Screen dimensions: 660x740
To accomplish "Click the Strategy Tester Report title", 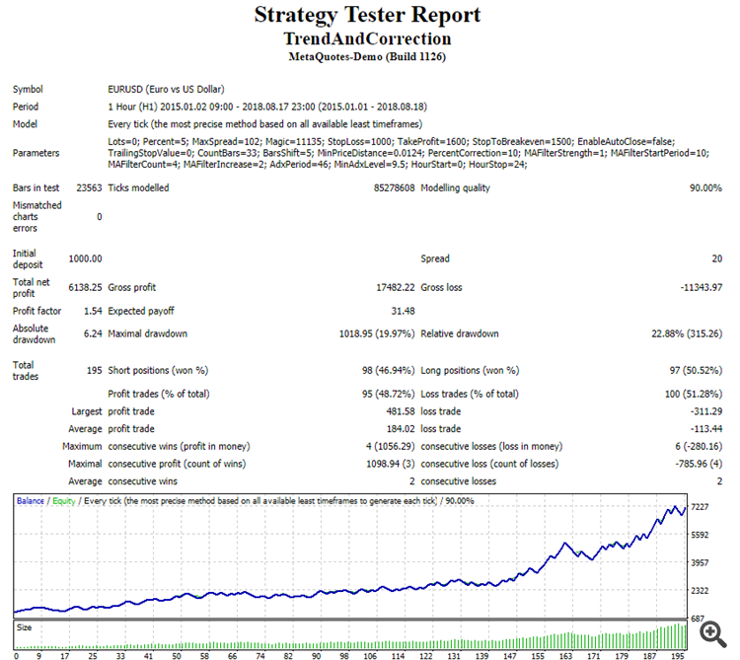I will pos(367,15).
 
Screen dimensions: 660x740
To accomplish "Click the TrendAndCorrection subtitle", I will pos(367,39).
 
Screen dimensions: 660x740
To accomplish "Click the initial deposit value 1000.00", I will pos(85,258).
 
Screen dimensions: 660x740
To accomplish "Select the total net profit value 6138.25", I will pos(85,287).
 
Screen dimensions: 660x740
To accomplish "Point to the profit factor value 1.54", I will pos(92,310).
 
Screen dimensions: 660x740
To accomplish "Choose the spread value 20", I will pos(716,258).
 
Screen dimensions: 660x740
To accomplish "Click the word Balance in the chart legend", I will pos(31,501).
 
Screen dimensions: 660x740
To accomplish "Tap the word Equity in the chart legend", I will pos(64,501).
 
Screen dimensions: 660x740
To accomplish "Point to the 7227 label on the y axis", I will pos(701,507).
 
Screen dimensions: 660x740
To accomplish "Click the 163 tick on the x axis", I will pos(565,653).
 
